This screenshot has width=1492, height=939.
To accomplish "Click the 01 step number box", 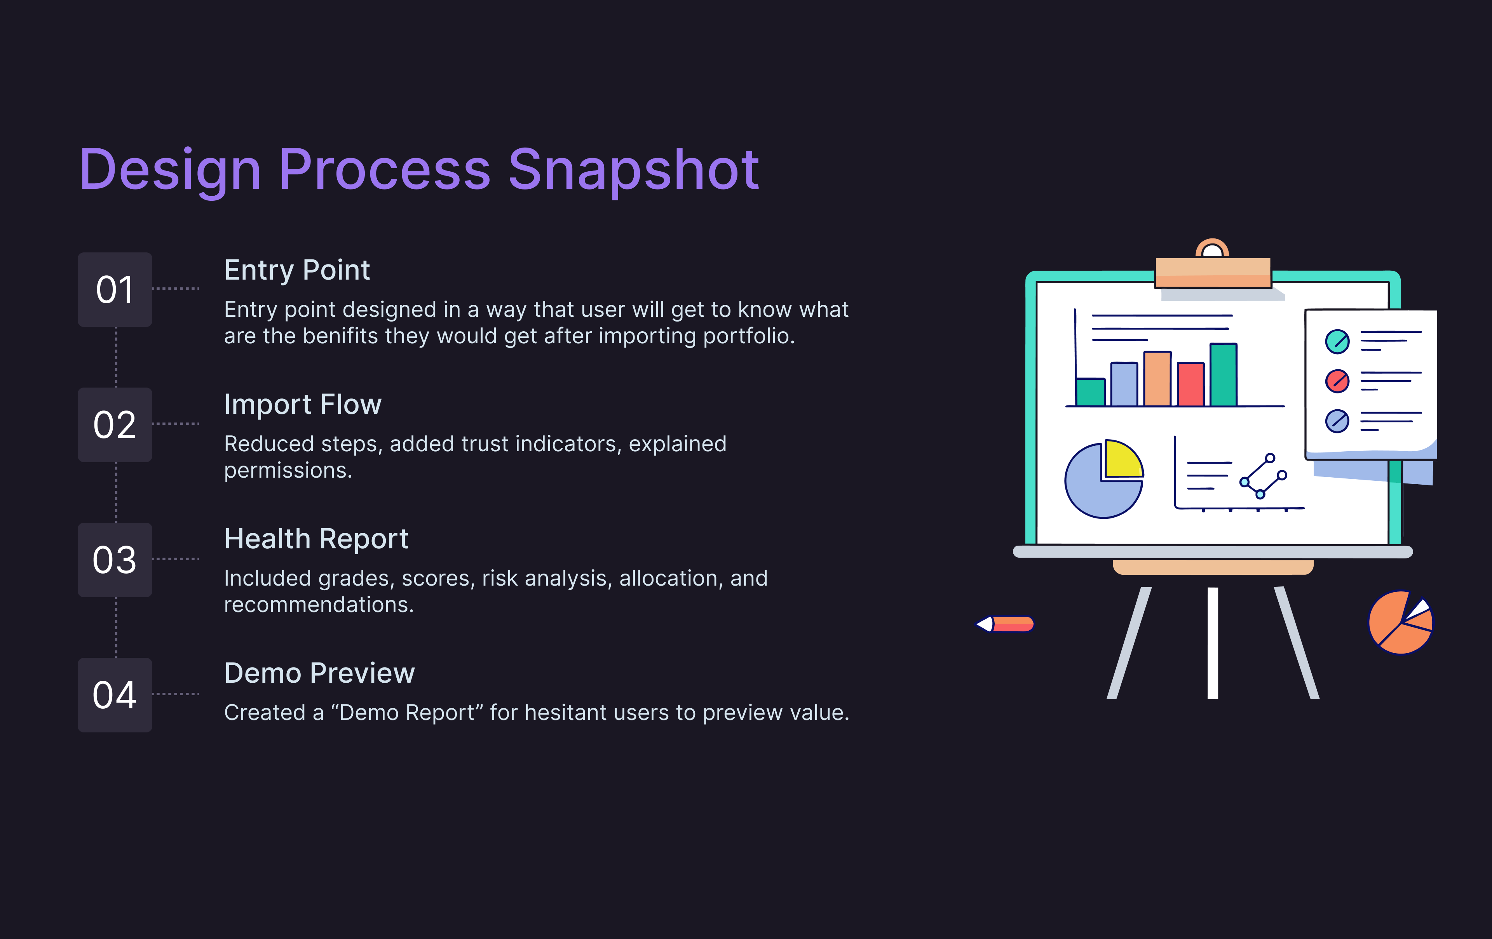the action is pos(115,289).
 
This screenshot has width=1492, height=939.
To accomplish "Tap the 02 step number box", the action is pos(115,425).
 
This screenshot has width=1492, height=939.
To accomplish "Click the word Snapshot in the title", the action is pos(633,170).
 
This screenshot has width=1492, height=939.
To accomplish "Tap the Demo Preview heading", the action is pos(319,673).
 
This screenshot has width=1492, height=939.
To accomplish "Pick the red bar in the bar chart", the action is pos(1190,384).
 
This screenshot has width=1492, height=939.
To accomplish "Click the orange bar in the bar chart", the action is pos(1157,379).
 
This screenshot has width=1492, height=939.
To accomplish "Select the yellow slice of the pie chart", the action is pos(1123,459).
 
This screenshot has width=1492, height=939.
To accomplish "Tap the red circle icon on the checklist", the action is pos(1337,381).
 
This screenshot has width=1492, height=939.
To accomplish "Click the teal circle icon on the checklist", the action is pos(1337,341).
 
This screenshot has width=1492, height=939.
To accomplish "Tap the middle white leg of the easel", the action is pos(1213,643).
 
